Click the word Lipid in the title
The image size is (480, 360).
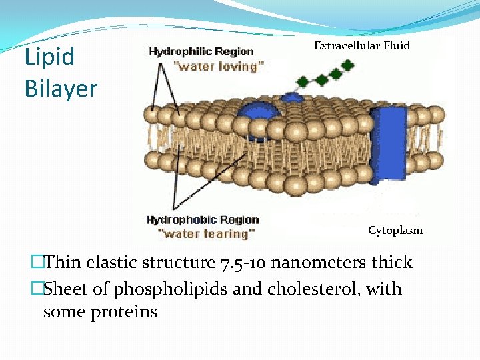[50, 57]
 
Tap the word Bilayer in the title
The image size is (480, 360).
[61, 88]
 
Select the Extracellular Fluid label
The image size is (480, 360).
[362, 46]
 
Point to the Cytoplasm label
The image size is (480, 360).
[395, 231]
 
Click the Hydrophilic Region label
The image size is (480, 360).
[201, 51]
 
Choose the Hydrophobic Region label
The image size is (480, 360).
[202, 219]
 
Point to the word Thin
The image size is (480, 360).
[64, 263]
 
